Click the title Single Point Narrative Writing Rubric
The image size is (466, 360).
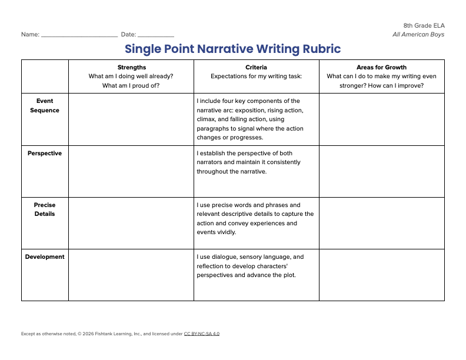[x=232, y=48]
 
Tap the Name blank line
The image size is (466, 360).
[x=79, y=35]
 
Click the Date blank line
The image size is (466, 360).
[x=155, y=35]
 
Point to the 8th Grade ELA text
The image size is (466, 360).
[x=424, y=25]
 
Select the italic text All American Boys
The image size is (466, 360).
[x=418, y=34]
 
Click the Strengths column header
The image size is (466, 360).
[x=131, y=67]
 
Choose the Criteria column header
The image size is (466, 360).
[x=256, y=67]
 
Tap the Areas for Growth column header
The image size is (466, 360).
[x=381, y=67]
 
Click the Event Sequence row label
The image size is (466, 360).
[x=45, y=105]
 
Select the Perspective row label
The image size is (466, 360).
[x=45, y=153]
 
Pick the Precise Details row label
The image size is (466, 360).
[x=45, y=209]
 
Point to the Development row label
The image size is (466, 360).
[x=45, y=256]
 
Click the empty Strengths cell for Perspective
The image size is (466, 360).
[x=131, y=171]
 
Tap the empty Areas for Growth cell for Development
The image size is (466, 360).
[x=381, y=275]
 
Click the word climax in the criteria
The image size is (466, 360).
[x=207, y=119]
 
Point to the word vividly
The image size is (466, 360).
[x=225, y=232]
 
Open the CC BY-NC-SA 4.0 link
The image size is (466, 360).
[x=202, y=334]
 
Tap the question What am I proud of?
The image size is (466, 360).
[x=131, y=85]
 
